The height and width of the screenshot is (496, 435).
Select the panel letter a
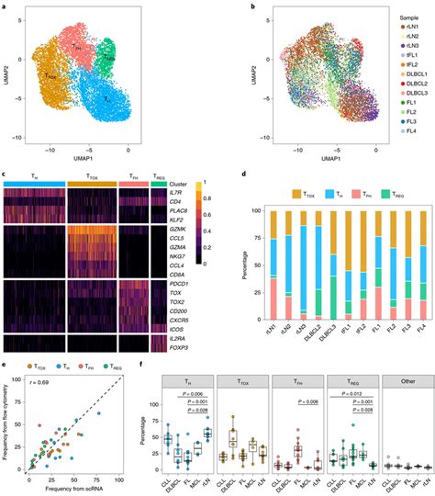coord(5,6)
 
